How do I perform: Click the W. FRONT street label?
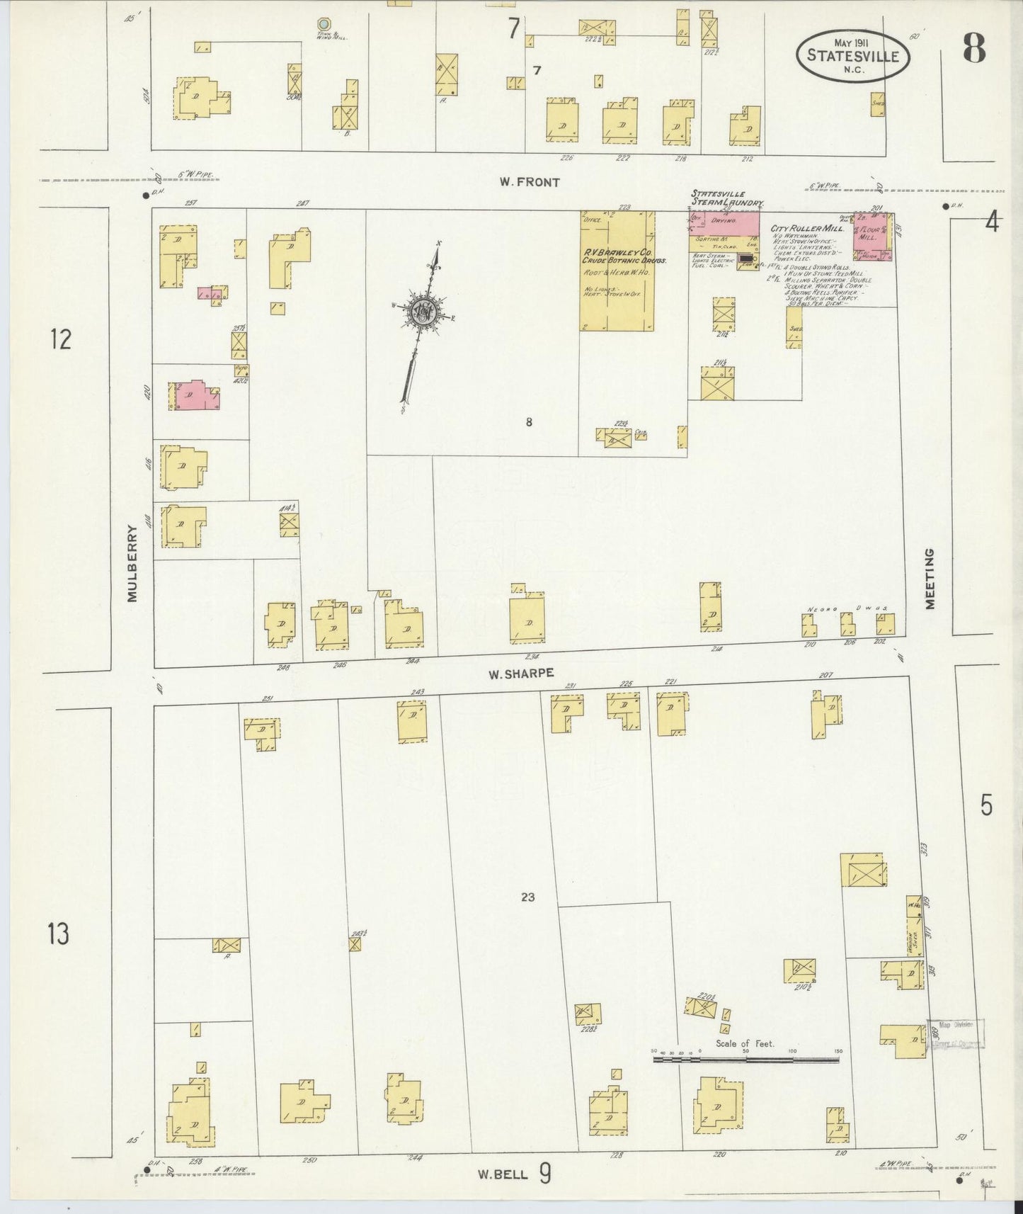click(x=529, y=182)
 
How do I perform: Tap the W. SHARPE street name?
click(x=520, y=674)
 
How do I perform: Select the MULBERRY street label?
click(x=132, y=563)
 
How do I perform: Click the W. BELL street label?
click(x=503, y=1174)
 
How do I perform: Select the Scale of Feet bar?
click(x=746, y=1060)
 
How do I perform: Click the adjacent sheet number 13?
click(x=59, y=934)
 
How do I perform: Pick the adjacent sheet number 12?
click(x=61, y=339)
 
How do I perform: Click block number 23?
click(x=527, y=897)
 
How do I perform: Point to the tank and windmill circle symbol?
click(x=324, y=23)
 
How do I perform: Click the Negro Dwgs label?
click(x=847, y=608)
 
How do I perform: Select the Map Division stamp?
click(x=956, y=1034)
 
